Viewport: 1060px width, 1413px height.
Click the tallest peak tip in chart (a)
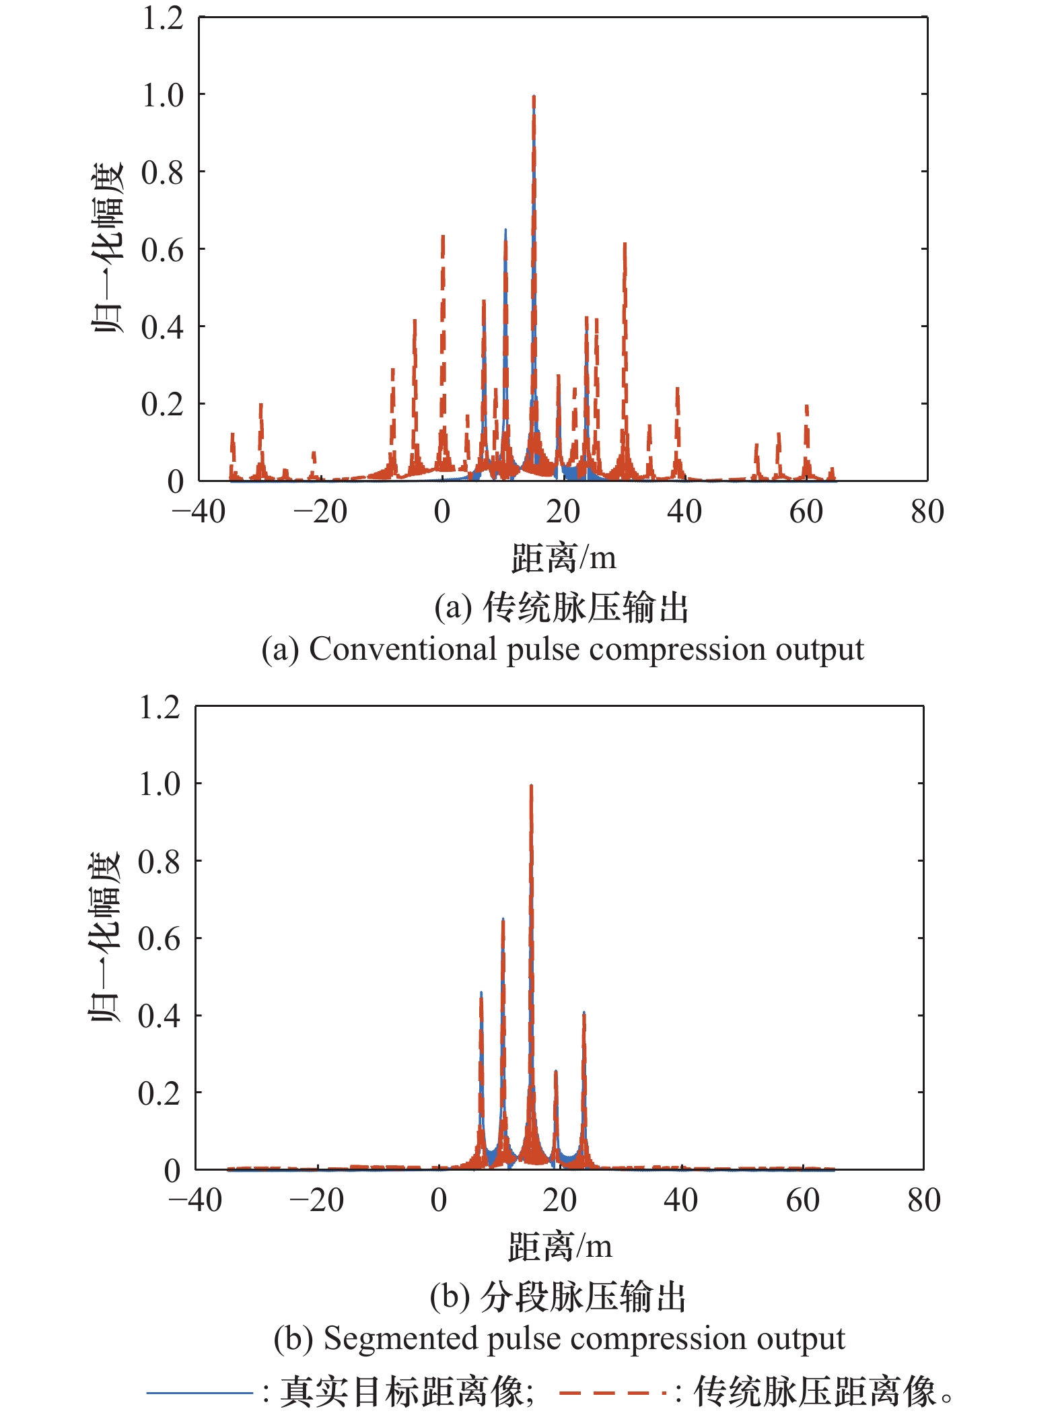[534, 97]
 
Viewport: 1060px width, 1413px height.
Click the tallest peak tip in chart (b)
[531, 786]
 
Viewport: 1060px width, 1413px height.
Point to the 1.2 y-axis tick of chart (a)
[162, 18]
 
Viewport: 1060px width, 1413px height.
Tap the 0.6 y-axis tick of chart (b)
[159, 938]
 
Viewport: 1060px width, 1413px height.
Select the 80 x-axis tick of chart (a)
[927, 512]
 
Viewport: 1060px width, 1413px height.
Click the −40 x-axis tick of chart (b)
[195, 1200]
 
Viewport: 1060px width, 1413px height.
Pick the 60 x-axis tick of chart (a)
[806, 512]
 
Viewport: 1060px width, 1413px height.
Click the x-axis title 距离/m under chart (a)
[563, 557]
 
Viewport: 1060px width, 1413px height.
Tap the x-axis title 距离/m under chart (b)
[560, 1246]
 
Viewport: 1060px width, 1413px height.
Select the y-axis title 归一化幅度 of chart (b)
[104, 937]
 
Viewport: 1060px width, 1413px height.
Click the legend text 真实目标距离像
[402, 1391]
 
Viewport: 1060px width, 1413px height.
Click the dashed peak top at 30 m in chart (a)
[625, 244]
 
